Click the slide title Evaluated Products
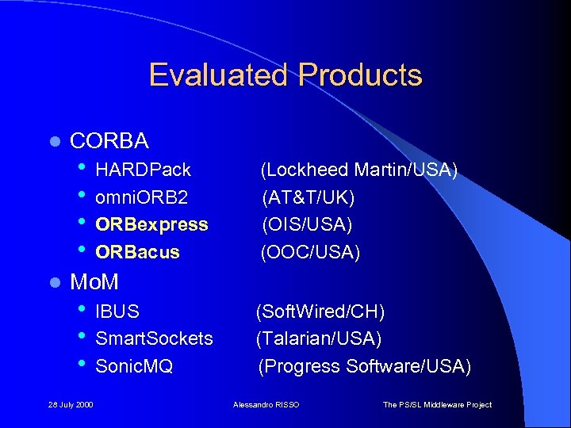click(285, 75)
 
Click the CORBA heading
click(109, 141)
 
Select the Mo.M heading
click(94, 281)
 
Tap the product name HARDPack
click(143, 170)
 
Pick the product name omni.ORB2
click(141, 197)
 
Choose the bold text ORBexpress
click(151, 224)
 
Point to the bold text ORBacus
click(137, 252)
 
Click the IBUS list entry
click(117, 311)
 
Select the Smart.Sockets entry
click(154, 338)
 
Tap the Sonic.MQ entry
click(134, 366)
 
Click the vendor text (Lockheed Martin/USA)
click(359, 170)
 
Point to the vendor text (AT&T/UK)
click(308, 197)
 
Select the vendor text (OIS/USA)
click(307, 224)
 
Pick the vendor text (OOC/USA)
click(311, 252)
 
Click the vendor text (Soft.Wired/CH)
click(320, 311)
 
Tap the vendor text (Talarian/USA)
click(318, 338)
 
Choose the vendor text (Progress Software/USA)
click(364, 366)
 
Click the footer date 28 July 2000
click(71, 405)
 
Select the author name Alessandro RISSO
click(267, 405)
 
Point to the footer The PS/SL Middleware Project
click(437, 405)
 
